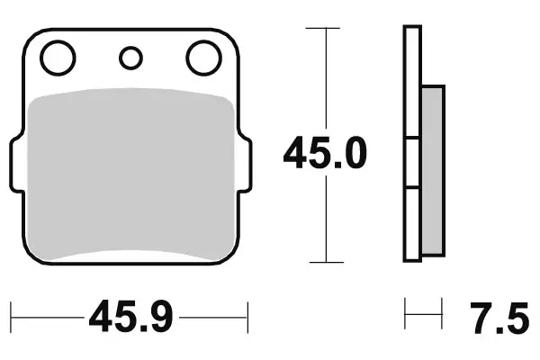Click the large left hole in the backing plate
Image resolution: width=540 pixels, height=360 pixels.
58,58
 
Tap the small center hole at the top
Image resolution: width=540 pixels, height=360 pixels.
130,58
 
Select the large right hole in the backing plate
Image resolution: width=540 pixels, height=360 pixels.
203,58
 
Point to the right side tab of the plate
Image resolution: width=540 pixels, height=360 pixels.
245,165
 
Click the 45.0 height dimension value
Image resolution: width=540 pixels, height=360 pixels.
325,154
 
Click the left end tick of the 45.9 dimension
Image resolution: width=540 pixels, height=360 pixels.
13,317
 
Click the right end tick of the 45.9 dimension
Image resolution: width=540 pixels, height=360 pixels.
247,317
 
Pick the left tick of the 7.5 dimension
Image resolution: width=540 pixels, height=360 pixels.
406,317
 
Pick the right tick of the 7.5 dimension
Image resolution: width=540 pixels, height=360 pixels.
443,317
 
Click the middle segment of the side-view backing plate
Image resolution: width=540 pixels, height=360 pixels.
412,164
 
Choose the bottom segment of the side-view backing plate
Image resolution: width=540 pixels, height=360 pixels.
412,225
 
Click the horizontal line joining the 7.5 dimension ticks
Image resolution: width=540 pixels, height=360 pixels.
424,317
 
